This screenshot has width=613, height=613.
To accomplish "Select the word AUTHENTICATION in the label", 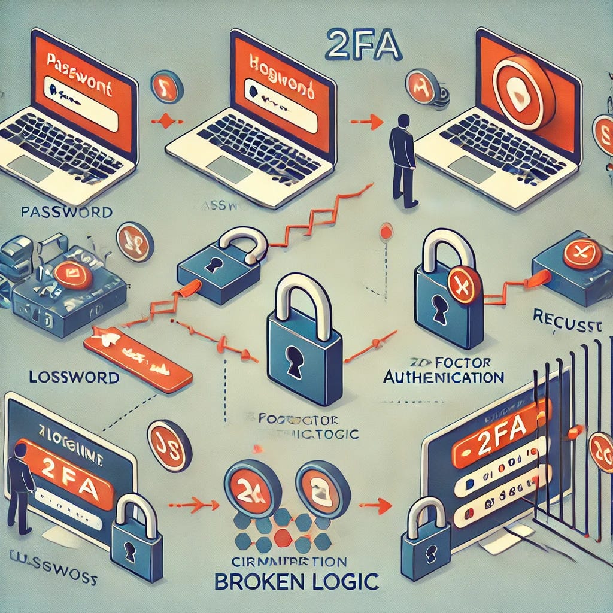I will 443,377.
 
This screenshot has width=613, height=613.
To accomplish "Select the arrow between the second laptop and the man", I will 366,122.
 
